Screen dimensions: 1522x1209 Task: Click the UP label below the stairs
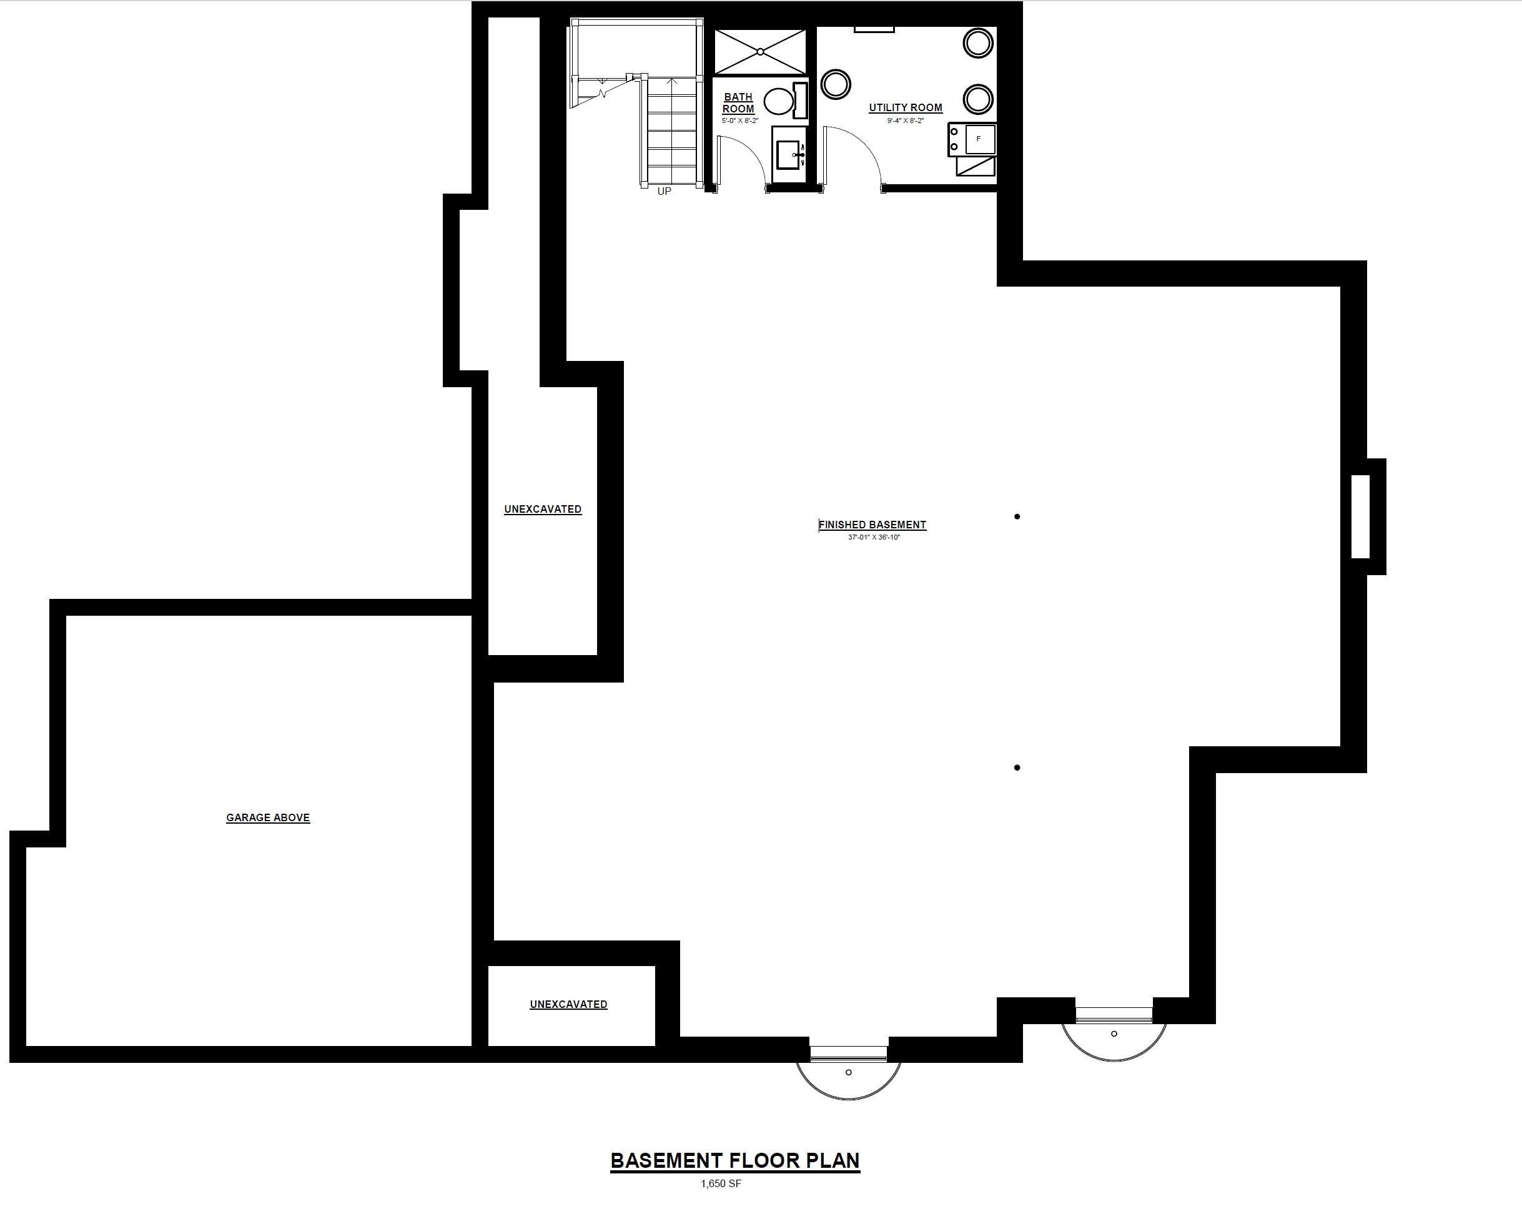coord(665,191)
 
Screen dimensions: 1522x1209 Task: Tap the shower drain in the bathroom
coord(760,52)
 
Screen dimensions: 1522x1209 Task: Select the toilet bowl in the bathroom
coord(779,101)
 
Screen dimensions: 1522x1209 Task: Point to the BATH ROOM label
coord(738,103)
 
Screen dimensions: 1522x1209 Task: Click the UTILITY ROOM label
coord(906,108)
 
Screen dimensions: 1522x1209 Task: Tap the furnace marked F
coord(979,139)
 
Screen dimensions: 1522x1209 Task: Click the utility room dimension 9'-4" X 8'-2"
coord(906,121)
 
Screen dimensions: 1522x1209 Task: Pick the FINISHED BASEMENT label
coord(872,525)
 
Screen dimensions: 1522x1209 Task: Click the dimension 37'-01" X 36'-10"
coord(874,537)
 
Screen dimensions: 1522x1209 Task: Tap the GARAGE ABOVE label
coord(269,817)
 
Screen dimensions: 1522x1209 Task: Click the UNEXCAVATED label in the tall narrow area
coord(543,509)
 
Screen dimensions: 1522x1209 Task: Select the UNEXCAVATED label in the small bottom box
coord(568,1004)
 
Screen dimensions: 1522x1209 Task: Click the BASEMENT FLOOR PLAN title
coord(735,1161)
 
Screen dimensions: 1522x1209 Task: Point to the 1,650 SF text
coord(721,1183)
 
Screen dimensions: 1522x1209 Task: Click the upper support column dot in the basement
coord(1017,516)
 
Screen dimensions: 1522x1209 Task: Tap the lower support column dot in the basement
coord(1017,767)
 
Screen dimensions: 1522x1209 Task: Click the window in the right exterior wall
coord(1360,516)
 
